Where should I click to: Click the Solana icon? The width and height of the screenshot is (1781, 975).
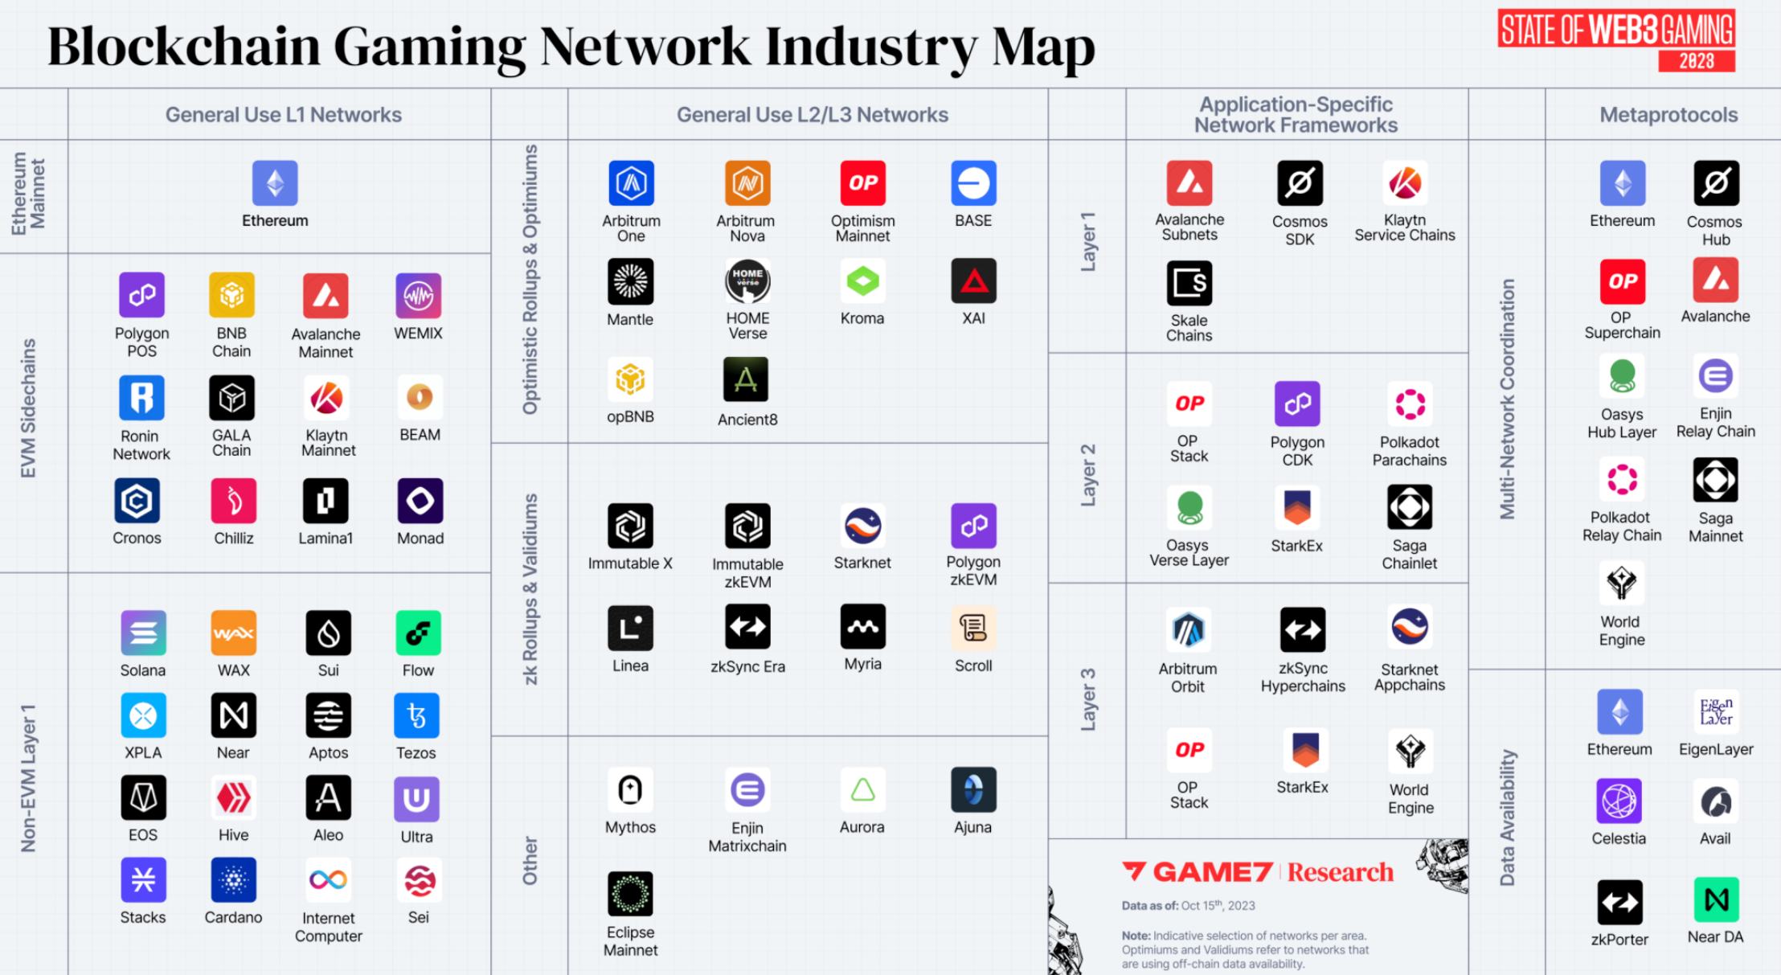tap(143, 633)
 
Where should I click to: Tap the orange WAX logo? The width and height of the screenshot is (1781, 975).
tap(233, 633)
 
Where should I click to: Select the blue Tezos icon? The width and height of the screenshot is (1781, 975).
tap(416, 715)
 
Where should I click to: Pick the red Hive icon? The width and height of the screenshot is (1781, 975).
tap(233, 797)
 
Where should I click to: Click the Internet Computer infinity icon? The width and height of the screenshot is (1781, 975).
tap(328, 880)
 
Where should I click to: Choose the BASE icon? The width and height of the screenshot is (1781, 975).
tap(973, 183)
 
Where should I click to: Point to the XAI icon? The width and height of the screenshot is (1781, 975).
tap(973, 281)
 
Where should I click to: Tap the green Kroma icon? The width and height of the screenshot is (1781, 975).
tap(862, 281)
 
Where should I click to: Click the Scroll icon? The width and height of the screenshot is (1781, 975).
tap(973, 628)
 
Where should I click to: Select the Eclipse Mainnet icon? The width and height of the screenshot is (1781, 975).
tap(630, 894)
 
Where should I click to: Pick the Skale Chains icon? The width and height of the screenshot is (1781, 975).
tap(1189, 284)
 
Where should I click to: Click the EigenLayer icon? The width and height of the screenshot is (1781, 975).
tap(1716, 712)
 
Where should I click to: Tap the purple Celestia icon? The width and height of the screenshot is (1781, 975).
tap(1619, 801)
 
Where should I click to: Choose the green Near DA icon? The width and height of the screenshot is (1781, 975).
tap(1716, 900)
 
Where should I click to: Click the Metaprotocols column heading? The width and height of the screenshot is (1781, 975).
tap(1668, 115)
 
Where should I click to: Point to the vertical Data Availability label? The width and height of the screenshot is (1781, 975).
tap(1507, 817)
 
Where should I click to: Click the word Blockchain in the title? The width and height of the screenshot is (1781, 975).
tap(184, 47)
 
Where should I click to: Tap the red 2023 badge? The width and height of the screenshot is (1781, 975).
tap(1696, 61)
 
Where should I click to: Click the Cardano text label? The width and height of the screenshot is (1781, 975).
tap(233, 917)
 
